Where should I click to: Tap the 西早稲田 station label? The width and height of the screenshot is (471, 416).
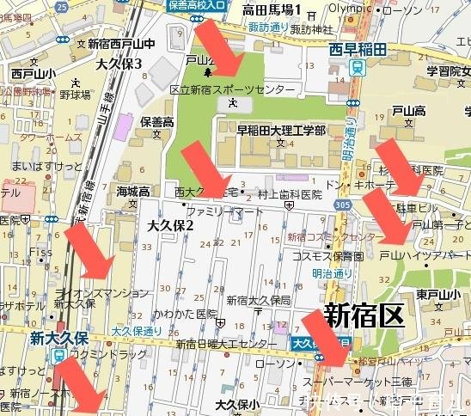358,51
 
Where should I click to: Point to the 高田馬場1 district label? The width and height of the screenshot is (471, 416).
272,10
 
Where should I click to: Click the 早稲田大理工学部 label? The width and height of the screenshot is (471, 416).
281,130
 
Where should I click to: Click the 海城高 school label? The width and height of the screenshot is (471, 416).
133,191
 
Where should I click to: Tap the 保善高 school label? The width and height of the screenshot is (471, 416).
157,121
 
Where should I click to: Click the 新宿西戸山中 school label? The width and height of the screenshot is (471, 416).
120,43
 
